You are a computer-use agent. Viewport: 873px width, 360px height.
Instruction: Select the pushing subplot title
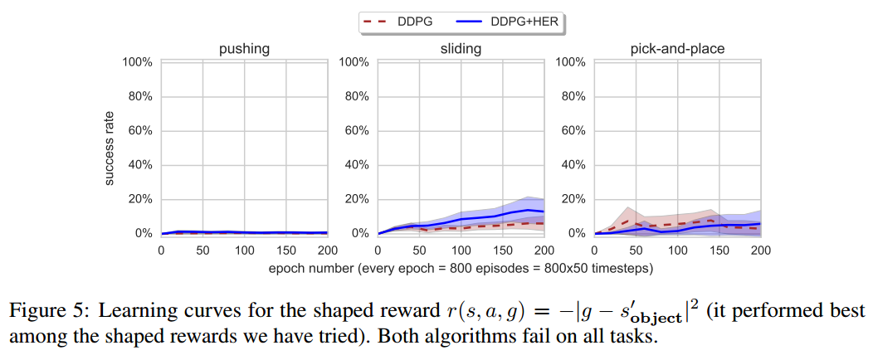point(244,49)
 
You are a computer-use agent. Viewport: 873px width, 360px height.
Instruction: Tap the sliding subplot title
point(461,49)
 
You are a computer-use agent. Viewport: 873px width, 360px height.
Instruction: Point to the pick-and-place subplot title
point(676,49)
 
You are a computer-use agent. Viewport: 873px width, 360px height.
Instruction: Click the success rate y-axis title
point(109,148)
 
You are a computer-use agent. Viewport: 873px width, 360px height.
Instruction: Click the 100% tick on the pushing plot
point(137,62)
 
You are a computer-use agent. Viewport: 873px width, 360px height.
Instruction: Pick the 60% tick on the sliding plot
point(354,131)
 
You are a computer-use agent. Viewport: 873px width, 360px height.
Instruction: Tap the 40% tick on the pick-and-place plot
point(571,165)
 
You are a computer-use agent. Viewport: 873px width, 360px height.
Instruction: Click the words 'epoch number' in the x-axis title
point(308,269)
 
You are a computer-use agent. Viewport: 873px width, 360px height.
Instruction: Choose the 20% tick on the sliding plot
point(354,200)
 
